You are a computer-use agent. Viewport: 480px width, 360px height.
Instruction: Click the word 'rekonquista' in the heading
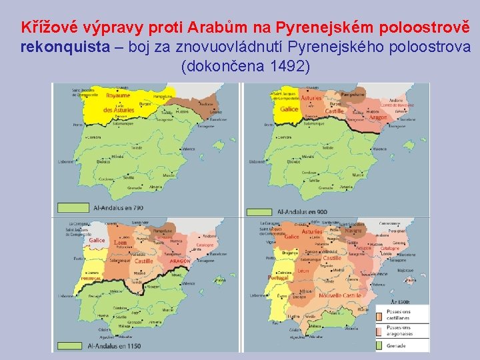(51, 47)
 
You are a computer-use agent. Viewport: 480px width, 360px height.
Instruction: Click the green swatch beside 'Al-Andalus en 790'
(73, 208)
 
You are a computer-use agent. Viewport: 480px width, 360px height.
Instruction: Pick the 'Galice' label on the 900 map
(289, 109)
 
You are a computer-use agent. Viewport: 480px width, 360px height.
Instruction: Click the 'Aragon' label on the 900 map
(377, 118)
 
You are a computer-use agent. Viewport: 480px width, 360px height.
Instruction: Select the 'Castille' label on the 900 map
(335, 111)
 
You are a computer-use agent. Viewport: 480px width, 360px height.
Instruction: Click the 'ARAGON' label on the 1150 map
(179, 261)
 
